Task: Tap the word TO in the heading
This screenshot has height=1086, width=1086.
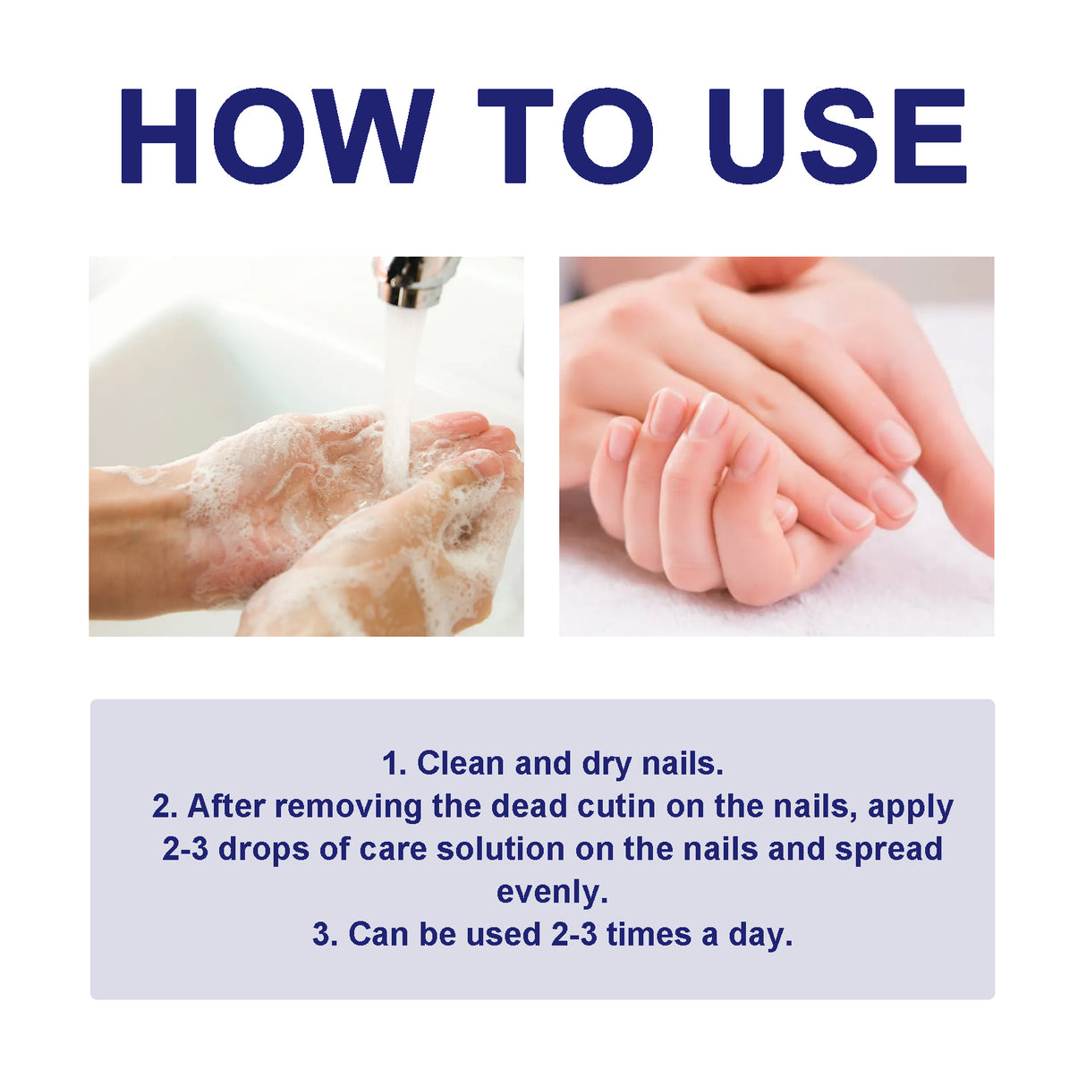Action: [x=565, y=136]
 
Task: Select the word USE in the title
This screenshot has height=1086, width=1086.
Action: [x=836, y=136]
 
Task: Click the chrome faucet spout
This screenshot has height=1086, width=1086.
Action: [x=413, y=280]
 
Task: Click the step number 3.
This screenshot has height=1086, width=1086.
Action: [x=323, y=934]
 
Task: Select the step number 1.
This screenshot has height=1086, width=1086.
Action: [x=392, y=763]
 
